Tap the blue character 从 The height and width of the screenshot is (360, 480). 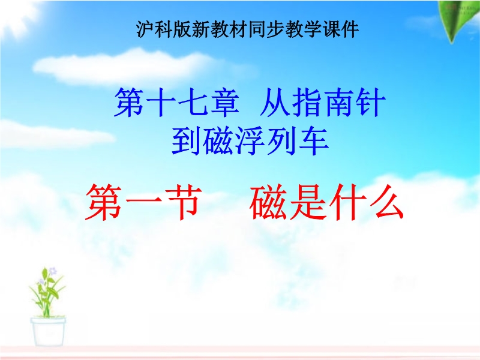pos(275,103)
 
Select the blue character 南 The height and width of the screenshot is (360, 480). pos(338,103)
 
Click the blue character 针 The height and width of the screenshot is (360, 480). pos(370,103)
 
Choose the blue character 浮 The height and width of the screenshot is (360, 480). pos(250,141)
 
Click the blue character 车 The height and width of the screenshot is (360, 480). pos(314,141)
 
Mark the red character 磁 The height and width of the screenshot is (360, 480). pos(268,203)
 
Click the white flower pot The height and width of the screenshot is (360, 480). pos(48,332)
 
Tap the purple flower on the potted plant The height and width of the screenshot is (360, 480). pos(53,271)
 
